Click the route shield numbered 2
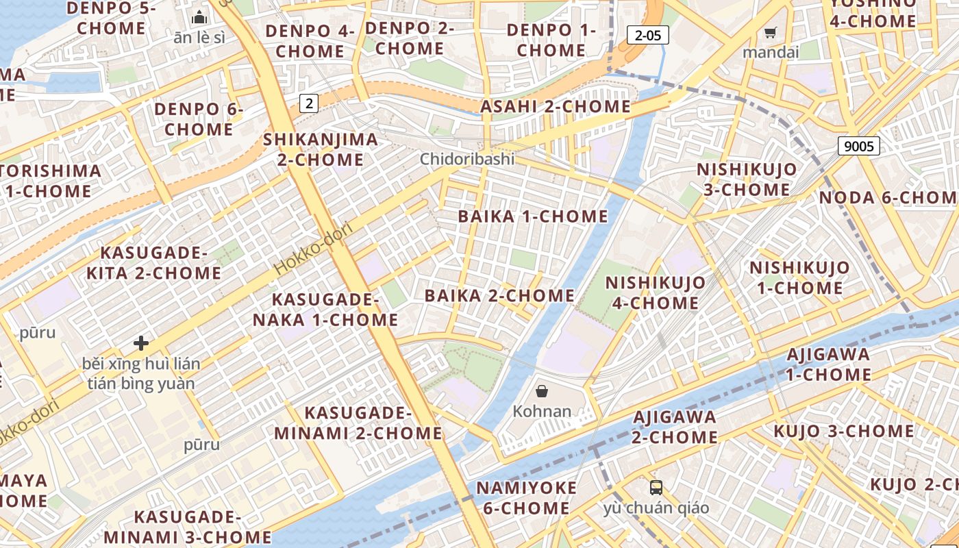coord(310,103)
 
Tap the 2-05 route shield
coord(647,36)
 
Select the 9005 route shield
coord(858,145)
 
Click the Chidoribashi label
coord(467,160)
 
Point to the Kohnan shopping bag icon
coord(542,391)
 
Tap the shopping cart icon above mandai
coord(771,32)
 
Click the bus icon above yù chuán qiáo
coord(656,488)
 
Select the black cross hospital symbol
coord(141,342)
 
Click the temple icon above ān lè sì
coord(199,17)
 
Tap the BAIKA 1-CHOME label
coord(533,216)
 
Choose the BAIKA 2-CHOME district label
coord(499,296)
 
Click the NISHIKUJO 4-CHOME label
coord(655,292)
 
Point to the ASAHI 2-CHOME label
coord(555,107)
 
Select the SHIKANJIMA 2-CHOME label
coord(321,149)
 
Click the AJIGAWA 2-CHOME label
coord(675,427)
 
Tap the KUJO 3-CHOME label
coord(843,432)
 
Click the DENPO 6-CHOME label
coord(199,119)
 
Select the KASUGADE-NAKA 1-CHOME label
coord(325,310)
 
